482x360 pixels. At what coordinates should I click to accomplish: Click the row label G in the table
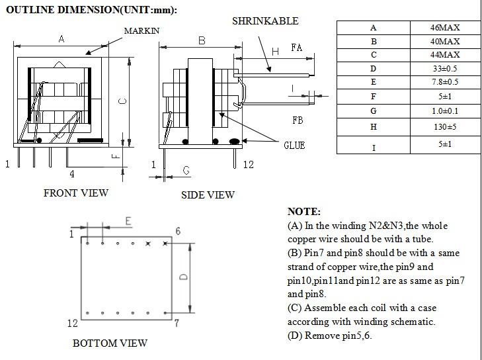374,111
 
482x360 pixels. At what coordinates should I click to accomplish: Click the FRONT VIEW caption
75,193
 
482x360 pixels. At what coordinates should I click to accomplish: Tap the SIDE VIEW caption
208,195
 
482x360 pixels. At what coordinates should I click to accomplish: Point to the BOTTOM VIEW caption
110,343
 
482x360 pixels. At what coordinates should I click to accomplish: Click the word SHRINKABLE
265,21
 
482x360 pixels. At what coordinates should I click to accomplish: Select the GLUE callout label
294,145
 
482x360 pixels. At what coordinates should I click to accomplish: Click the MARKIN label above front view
141,31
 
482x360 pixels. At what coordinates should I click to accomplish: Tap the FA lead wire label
297,48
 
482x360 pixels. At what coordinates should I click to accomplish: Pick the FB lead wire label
298,120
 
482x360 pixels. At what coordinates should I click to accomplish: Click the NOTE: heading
304,212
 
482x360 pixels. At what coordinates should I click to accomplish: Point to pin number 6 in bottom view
178,231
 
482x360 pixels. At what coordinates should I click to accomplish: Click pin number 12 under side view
249,164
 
